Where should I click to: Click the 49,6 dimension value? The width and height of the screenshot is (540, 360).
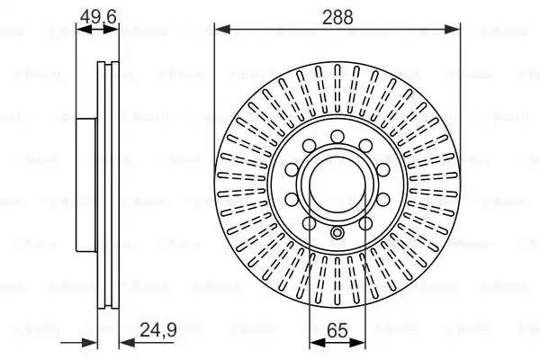97,15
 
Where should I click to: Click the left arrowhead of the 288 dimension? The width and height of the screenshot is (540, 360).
220,29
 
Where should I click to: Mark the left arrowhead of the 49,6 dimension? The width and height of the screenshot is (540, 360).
80,29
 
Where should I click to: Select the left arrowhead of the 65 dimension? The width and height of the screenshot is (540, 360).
313,341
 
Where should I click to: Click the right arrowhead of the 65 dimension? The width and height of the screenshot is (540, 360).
362,341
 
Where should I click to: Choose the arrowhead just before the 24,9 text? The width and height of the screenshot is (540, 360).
124,341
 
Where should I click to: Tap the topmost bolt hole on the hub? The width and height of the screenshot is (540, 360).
337,137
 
